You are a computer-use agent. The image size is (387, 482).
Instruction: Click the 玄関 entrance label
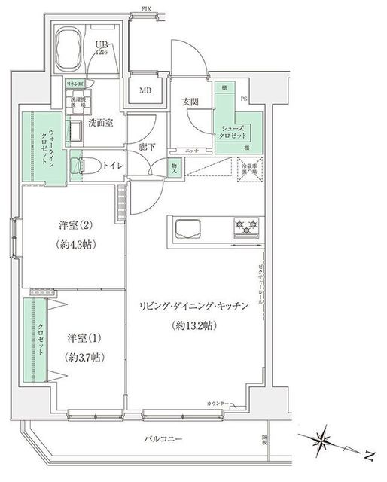pos(190,102)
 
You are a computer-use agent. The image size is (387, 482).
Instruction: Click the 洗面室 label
pos(99,123)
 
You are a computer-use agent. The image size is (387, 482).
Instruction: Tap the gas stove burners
pos(247,227)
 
